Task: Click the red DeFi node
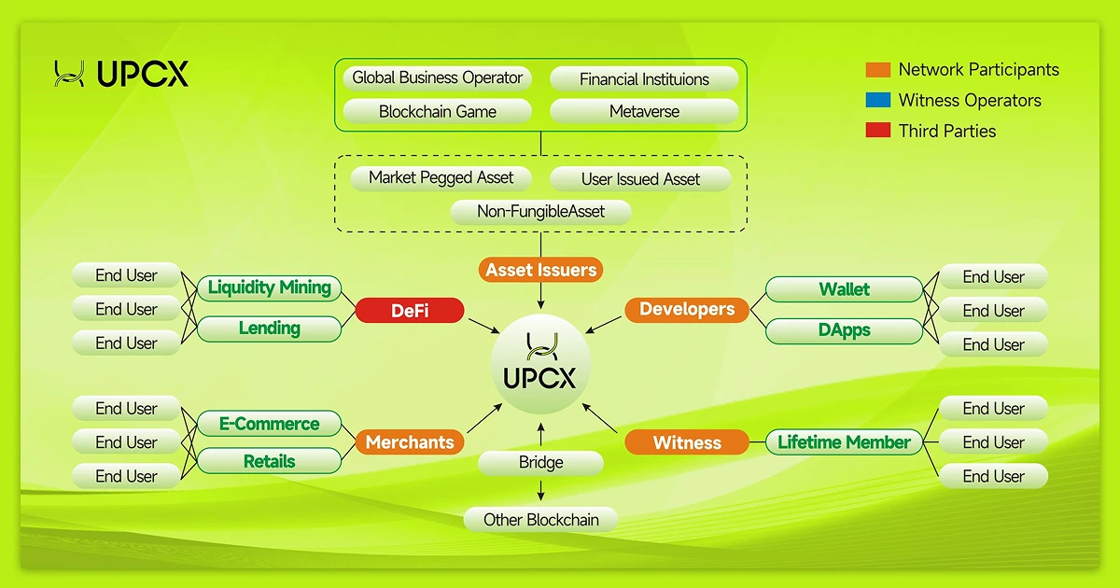(409, 311)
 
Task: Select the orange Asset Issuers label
(540, 270)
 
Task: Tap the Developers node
(686, 309)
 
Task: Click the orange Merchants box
(409, 442)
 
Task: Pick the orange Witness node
(686, 442)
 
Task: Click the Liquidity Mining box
(269, 287)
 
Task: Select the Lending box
(269, 329)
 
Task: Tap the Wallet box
(844, 289)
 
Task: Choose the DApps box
(844, 330)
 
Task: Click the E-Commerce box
(269, 424)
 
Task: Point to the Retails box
(269, 461)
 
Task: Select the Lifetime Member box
(844, 442)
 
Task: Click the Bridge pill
(540, 463)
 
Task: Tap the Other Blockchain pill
(540, 520)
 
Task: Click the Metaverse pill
(644, 111)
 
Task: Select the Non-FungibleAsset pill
(540, 212)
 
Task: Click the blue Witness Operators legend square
(877, 100)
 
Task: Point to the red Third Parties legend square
(877, 131)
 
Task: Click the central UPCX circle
(540, 363)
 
